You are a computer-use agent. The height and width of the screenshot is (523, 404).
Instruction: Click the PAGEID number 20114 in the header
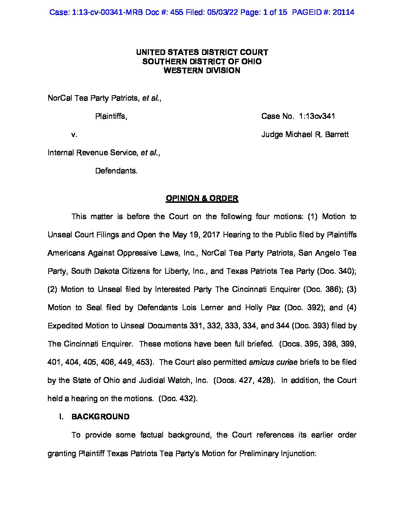[343, 12]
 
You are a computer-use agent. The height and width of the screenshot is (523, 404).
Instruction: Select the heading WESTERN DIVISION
[202, 71]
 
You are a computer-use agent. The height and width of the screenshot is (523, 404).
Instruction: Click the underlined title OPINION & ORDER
[202, 198]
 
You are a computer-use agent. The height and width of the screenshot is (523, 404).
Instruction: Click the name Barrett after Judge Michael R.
[337, 134]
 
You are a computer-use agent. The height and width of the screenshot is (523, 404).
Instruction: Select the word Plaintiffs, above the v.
[111, 116]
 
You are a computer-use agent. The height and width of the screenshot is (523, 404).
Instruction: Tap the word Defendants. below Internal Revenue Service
[116, 171]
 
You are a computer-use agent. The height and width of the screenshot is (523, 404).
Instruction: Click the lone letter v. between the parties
[74, 134]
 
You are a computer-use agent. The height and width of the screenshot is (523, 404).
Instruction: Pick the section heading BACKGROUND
[100, 417]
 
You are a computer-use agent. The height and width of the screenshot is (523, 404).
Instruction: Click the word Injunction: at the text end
[297, 454]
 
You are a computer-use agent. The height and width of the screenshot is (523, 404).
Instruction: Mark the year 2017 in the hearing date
[212, 235]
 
